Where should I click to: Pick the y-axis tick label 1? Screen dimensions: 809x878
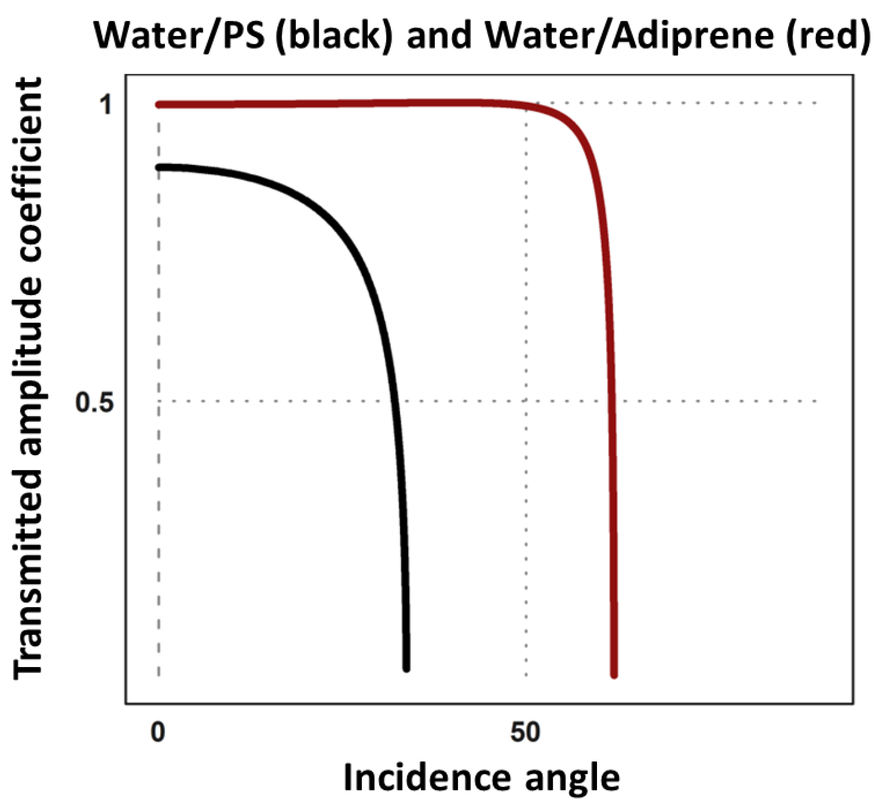[106, 104]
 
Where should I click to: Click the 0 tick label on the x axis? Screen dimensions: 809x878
[157, 732]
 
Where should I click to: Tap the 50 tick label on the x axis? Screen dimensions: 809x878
[525, 732]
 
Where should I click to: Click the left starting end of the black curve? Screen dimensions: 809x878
[159, 168]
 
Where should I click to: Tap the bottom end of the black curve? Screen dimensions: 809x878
[406, 669]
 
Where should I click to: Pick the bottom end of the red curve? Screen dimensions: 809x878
[614, 675]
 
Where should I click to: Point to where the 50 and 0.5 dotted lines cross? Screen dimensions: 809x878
[526, 401]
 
